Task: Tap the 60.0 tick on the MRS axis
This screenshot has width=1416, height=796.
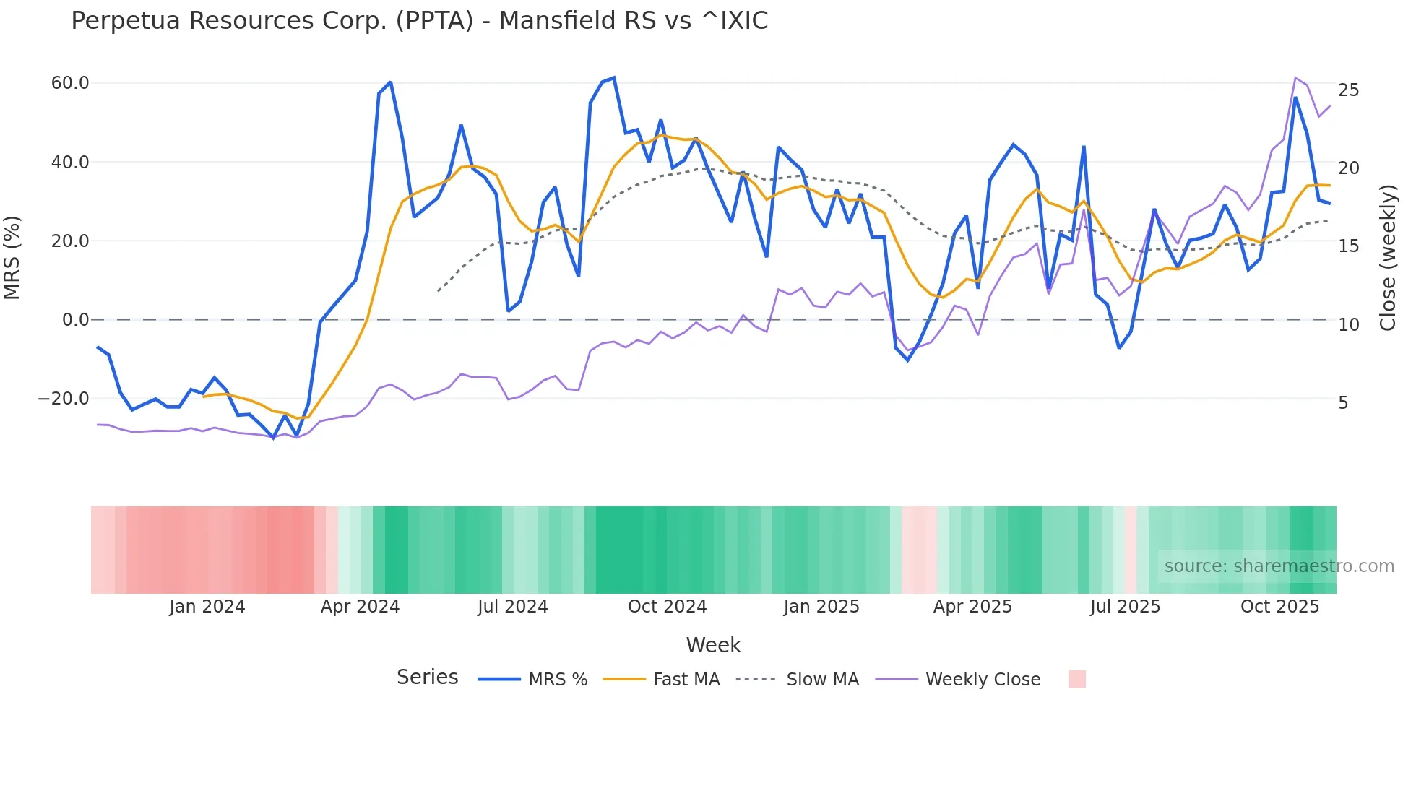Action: pyautogui.click(x=70, y=83)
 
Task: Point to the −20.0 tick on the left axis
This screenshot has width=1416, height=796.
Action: pyautogui.click(x=64, y=399)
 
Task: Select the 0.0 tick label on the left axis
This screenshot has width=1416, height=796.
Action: pyautogui.click(x=75, y=320)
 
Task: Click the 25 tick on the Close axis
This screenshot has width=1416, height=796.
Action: pyautogui.click(x=1348, y=90)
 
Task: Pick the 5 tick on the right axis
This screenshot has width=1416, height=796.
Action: pyautogui.click(x=1343, y=403)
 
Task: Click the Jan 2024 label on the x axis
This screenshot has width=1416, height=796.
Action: pyautogui.click(x=207, y=607)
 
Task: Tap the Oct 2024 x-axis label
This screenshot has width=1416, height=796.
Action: pyautogui.click(x=667, y=607)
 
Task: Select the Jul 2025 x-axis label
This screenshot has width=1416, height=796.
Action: pyautogui.click(x=1125, y=607)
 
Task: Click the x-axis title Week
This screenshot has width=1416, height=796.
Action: pyautogui.click(x=713, y=645)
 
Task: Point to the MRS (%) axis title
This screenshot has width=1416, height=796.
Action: pyautogui.click(x=12, y=258)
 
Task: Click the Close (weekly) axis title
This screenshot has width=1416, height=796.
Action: pyautogui.click(x=1387, y=258)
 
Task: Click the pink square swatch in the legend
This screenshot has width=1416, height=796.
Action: pyautogui.click(x=1076, y=679)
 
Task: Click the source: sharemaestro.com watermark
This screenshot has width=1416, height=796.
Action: pyautogui.click(x=1279, y=566)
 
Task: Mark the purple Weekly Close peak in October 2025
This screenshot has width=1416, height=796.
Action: pyautogui.click(x=1295, y=77)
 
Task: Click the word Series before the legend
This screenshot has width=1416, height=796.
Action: pyautogui.click(x=427, y=678)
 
